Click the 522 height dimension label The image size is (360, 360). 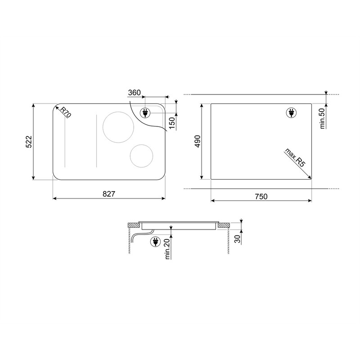[x=29, y=142]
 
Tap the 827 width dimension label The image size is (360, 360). [x=109, y=194]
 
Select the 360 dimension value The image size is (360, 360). [x=134, y=93]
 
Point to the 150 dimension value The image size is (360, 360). [x=172, y=123]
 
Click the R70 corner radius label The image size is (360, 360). [x=66, y=112]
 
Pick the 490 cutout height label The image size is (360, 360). [x=198, y=141]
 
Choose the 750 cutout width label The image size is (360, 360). [x=261, y=197]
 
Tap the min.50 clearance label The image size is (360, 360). [x=322, y=118]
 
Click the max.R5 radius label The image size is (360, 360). [x=295, y=158]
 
